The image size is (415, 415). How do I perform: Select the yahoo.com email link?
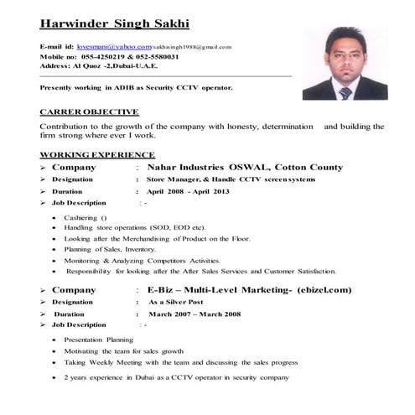point(114,46)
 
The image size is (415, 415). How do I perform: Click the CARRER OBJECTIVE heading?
point(89,112)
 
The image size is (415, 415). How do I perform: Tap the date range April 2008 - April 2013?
point(188,191)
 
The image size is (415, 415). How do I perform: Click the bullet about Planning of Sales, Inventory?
point(110,249)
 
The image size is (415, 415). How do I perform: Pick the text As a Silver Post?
point(176,302)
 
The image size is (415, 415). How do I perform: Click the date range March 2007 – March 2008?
point(195,314)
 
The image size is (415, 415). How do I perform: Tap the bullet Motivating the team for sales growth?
point(123,351)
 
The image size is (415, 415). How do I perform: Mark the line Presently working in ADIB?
point(136,87)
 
